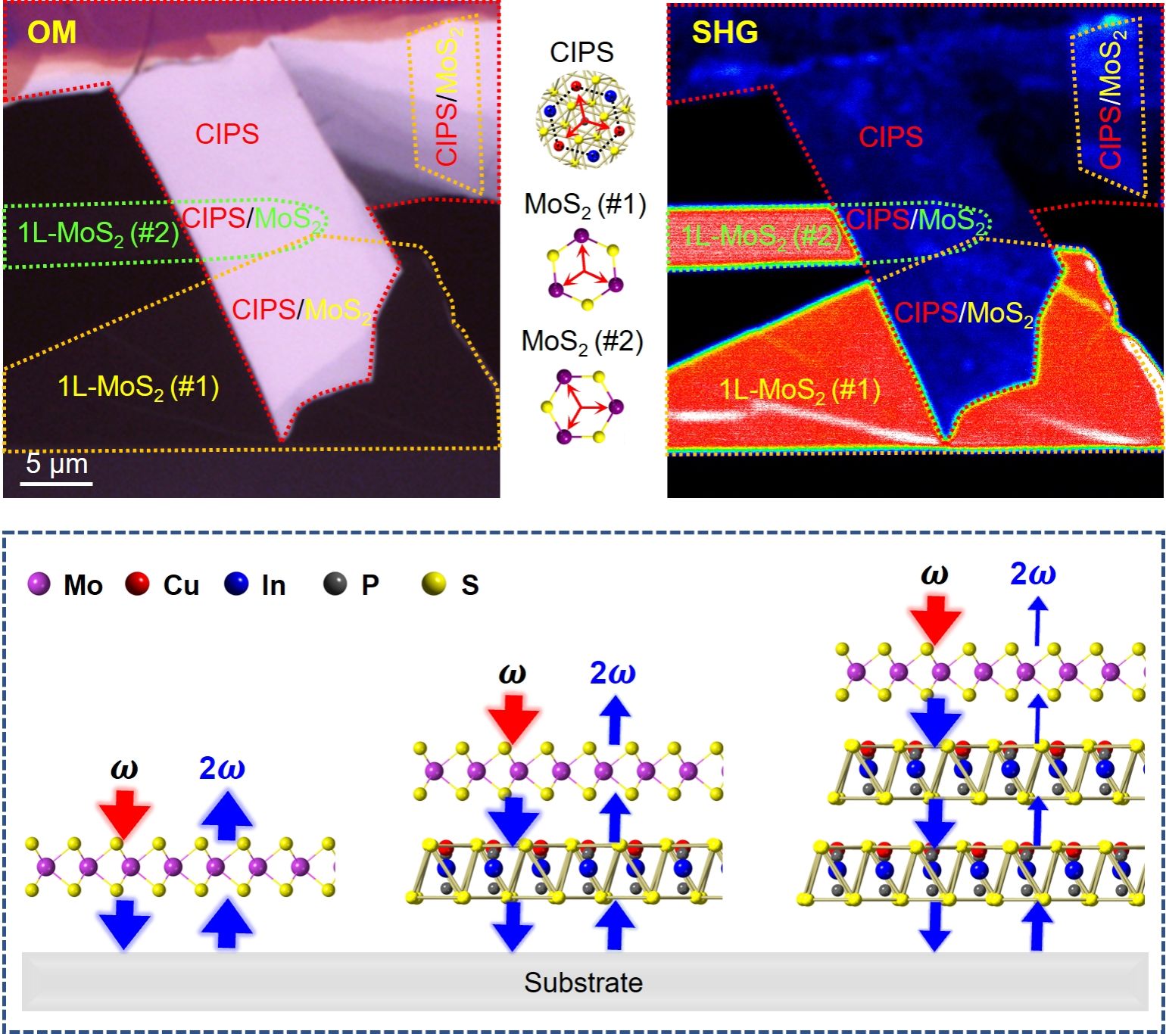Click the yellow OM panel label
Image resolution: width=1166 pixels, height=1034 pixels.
tap(51, 33)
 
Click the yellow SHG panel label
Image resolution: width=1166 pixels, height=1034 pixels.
tap(725, 33)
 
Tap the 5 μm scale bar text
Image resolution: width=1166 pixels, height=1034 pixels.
tap(56, 463)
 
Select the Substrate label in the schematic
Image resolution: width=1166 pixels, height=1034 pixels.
tap(583, 983)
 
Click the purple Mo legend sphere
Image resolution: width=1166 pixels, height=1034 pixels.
tap(39, 584)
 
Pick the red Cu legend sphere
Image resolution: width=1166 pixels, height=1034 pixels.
tap(137, 584)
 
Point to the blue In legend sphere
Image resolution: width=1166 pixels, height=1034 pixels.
tap(236, 584)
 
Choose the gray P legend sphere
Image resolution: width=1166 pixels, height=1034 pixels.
tap(335, 584)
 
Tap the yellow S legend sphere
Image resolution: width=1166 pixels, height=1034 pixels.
tap(434, 584)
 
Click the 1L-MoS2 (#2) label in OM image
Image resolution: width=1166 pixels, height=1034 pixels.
tap(98, 232)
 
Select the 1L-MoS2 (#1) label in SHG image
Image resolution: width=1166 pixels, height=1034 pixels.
tap(800, 390)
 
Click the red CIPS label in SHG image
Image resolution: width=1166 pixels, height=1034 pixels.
tap(890, 137)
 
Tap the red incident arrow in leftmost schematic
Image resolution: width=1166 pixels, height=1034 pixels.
tap(124, 814)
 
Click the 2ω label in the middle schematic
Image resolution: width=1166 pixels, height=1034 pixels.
tap(613, 673)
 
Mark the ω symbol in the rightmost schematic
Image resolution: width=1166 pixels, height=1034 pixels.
tap(934, 575)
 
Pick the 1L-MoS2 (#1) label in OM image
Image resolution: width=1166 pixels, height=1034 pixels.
tap(139, 388)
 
